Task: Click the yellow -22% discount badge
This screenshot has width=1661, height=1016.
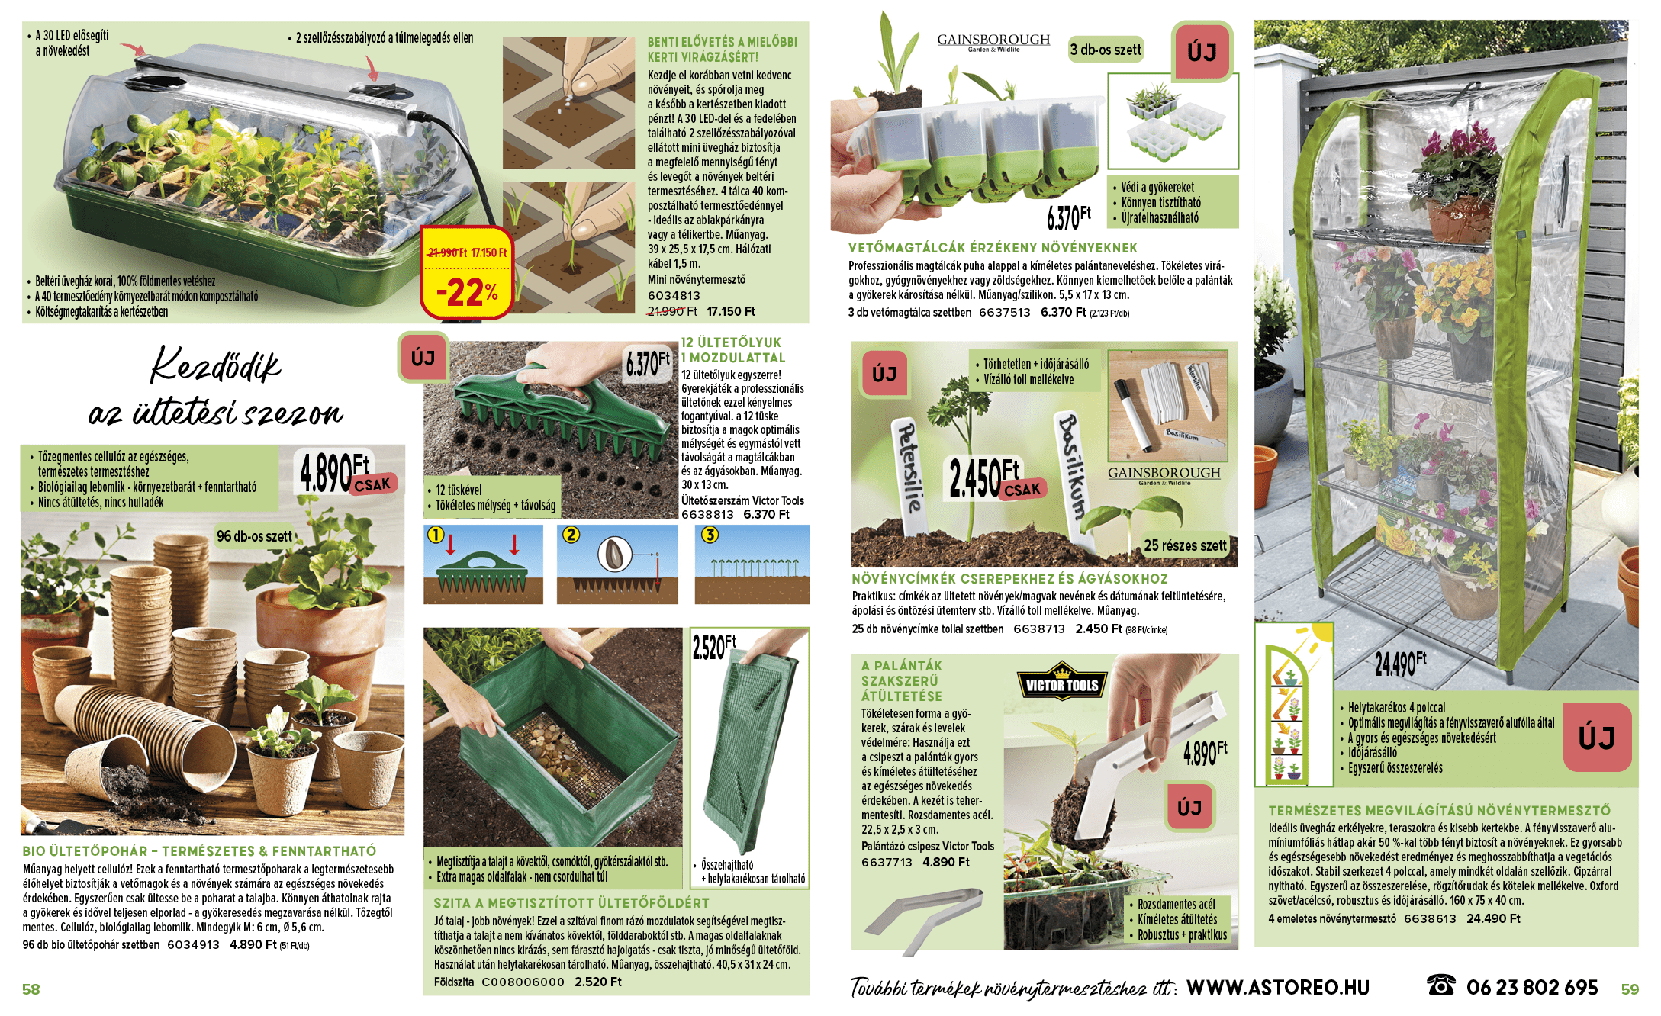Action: click(466, 272)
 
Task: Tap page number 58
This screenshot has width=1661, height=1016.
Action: click(31, 989)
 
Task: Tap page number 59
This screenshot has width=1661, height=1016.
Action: click(1630, 989)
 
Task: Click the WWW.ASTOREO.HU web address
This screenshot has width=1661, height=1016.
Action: click(1278, 988)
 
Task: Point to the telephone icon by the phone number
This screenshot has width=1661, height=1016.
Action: click(1440, 985)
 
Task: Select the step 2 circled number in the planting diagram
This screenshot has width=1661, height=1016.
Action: click(571, 535)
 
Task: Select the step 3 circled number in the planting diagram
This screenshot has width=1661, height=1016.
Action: click(710, 535)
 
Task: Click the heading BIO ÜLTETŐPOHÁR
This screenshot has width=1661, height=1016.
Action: click(85, 851)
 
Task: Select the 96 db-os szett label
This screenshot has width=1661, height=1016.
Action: click(254, 536)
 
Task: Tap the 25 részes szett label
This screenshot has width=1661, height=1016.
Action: click(1185, 545)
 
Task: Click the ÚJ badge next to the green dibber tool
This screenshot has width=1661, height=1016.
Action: click(423, 358)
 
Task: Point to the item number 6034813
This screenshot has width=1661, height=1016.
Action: click(674, 295)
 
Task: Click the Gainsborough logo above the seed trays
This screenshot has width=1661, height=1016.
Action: click(993, 41)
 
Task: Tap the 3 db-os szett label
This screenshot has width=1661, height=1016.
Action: click(1106, 50)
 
